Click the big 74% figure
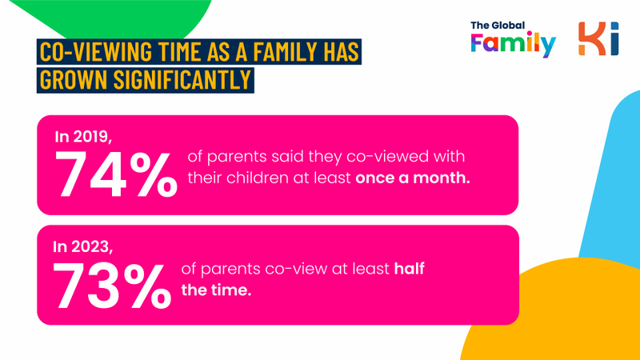point(116,174)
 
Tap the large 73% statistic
point(112,286)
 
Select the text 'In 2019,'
point(83,137)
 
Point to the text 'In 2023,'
point(83,247)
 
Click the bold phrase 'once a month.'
point(413,178)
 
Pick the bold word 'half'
point(410,269)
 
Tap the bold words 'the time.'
point(216,290)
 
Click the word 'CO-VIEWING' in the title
point(95,52)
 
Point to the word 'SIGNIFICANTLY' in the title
point(182,79)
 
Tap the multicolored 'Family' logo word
point(513,44)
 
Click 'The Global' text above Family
point(498,26)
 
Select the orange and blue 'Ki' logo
point(598,38)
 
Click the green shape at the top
point(118,17)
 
